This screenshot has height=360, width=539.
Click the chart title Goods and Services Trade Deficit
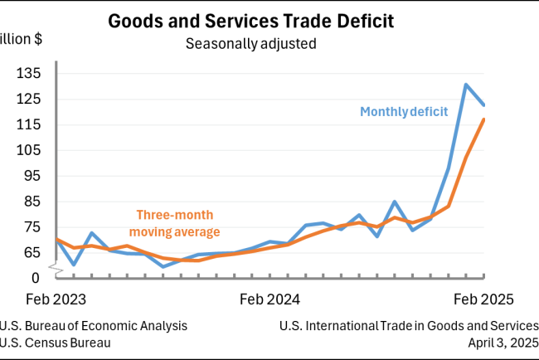tap(250, 21)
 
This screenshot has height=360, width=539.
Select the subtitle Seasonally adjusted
tap(250, 43)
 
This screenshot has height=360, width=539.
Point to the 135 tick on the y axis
tap(29, 74)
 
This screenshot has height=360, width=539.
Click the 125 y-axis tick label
tap(29, 100)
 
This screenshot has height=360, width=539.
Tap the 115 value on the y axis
tap(29, 124)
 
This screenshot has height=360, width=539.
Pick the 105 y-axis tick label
tap(29, 150)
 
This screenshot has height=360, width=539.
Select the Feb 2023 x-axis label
tap(57, 297)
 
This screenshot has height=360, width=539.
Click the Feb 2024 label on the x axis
tap(270, 297)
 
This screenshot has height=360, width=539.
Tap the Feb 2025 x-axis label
tap(483, 297)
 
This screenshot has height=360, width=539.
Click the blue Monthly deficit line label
tap(403, 111)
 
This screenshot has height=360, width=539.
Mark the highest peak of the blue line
tap(467, 84)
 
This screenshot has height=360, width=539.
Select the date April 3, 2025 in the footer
tap(502, 342)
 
